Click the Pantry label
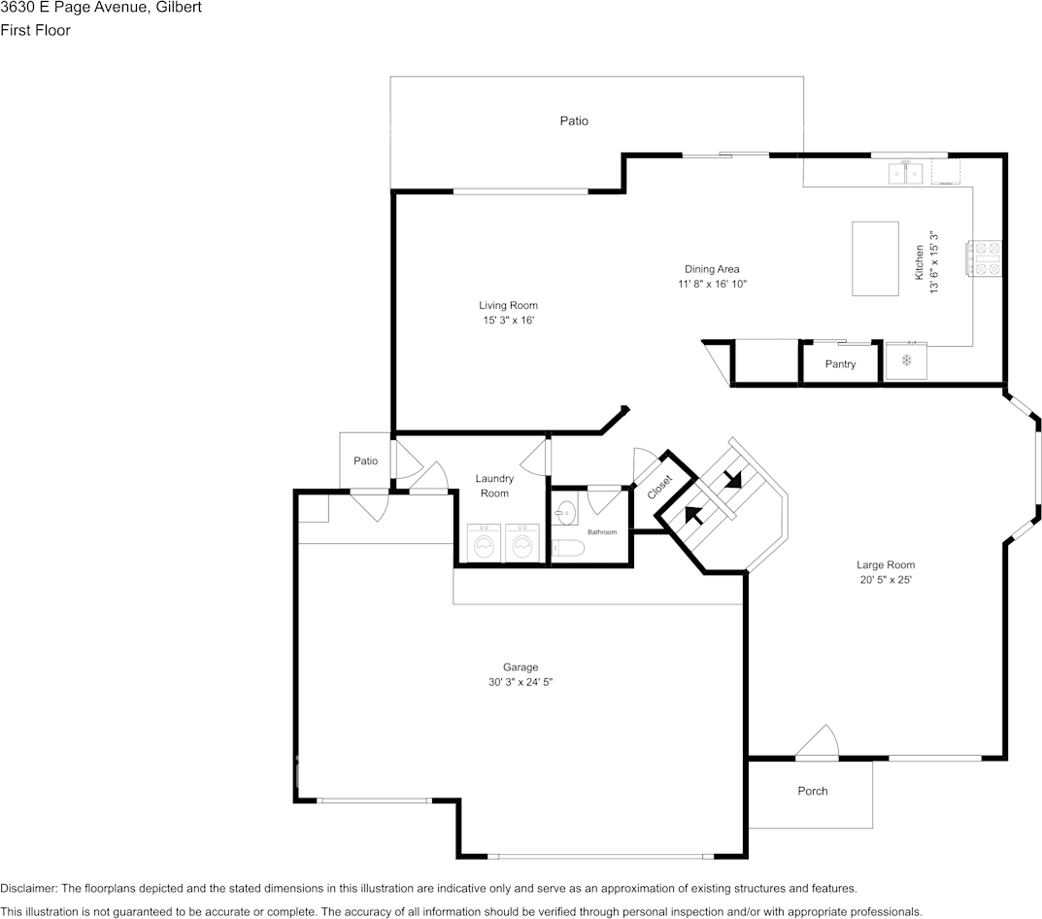point(840,364)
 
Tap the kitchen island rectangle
point(875,258)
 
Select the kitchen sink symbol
point(906,174)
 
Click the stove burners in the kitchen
point(984,258)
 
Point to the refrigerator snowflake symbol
point(906,360)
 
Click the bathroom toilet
point(568,548)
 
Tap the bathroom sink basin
point(566,511)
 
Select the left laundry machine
point(484,543)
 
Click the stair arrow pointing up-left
point(693,514)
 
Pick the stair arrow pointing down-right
point(733,479)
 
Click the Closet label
point(660,487)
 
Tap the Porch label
point(813,791)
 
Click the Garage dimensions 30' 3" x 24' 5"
point(521,682)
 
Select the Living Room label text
point(508,305)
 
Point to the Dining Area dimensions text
point(713,284)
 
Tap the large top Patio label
point(574,120)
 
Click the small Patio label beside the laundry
point(365,460)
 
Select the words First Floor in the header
point(35,30)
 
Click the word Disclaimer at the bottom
point(28,889)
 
